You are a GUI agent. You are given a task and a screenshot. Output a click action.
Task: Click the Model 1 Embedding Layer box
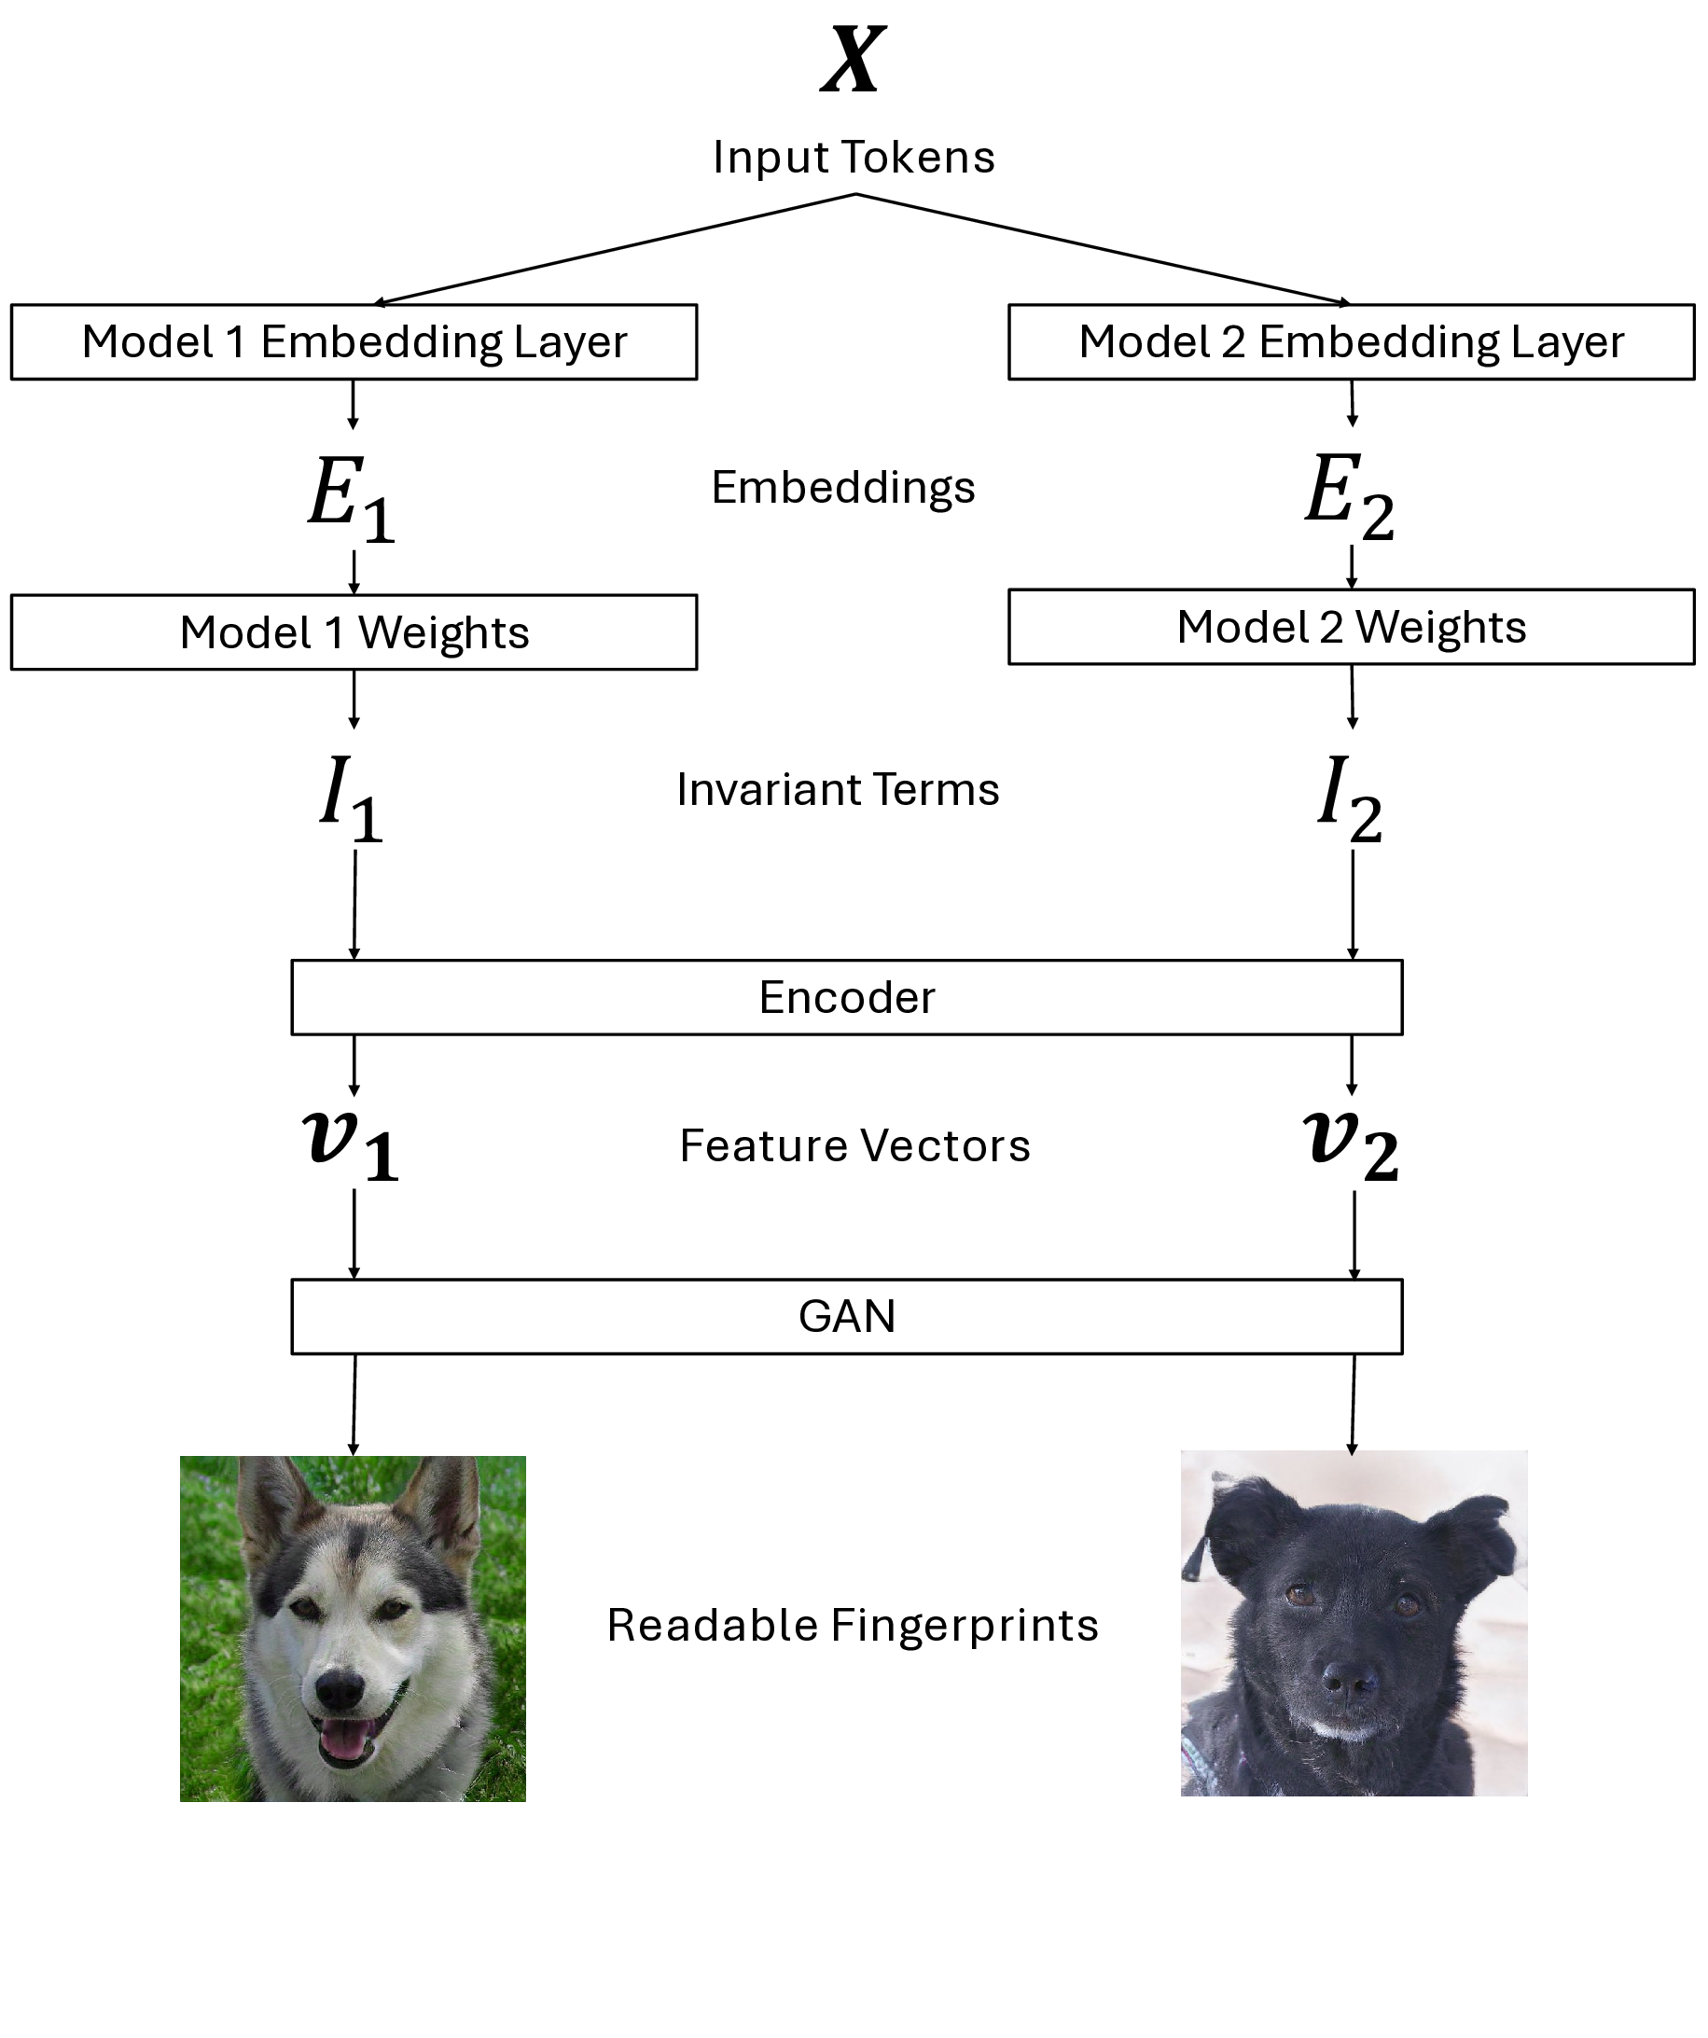(x=354, y=341)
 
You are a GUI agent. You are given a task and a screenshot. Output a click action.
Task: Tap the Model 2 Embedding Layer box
(x=1351, y=341)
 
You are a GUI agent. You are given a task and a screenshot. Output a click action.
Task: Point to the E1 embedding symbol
(x=351, y=497)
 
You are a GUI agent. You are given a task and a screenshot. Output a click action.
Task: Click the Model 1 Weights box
(x=354, y=631)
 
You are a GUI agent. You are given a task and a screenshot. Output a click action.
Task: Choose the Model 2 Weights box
(x=1351, y=627)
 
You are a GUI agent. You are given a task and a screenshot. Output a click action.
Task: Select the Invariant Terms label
(x=838, y=790)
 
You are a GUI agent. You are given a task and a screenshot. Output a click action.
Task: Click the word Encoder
(x=846, y=998)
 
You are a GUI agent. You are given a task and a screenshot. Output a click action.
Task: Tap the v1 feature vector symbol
(x=351, y=1144)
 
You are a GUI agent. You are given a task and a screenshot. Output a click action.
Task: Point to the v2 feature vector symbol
(x=1350, y=1144)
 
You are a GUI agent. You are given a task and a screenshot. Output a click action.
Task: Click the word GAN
(x=846, y=1316)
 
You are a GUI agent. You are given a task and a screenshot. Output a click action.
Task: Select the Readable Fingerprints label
(x=852, y=1625)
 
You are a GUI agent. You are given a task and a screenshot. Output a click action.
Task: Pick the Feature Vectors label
(x=854, y=1146)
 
